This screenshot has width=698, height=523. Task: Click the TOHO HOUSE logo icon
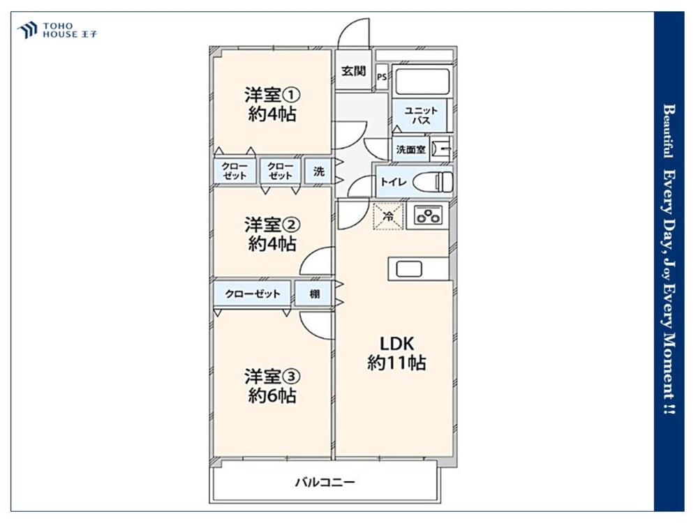tap(27, 30)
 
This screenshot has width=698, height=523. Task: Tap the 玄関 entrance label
tap(353, 70)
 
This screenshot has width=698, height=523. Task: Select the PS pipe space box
tap(382, 77)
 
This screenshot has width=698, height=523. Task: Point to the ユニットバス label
tap(421, 115)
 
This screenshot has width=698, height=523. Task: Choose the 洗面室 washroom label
tap(410, 150)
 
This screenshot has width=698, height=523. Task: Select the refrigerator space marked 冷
tap(388, 217)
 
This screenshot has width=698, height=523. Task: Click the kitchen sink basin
tap(409, 269)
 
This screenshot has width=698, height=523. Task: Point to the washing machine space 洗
tap(318, 172)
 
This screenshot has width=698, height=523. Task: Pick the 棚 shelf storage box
tap(314, 294)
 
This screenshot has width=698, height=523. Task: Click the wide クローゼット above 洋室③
tap(253, 294)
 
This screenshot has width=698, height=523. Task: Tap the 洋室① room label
tap(272, 95)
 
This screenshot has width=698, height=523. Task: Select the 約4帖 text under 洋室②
tap(272, 243)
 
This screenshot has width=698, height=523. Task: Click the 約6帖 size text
tap(272, 395)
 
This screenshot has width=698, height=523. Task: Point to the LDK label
tap(396, 344)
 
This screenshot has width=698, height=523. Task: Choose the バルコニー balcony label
tap(325, 482)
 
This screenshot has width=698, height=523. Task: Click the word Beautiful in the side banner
tap(669, 131)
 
